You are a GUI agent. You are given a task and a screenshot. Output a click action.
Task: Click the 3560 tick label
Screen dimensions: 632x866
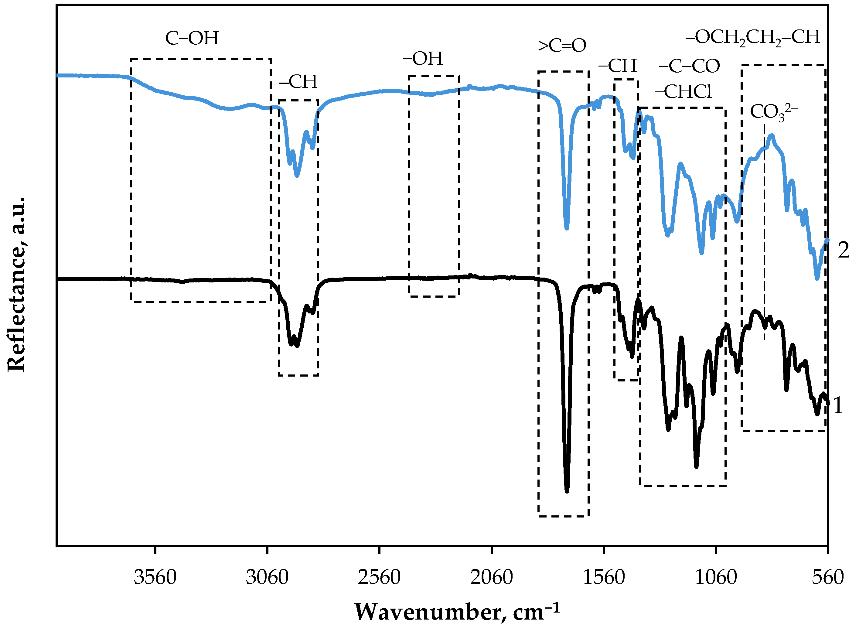point(155,578)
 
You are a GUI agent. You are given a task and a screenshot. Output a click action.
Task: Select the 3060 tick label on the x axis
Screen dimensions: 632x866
point(267,578)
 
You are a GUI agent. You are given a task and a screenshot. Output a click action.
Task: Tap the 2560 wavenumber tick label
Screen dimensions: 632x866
point(379,578)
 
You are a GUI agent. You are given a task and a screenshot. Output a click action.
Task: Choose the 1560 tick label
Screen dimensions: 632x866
point(604,578)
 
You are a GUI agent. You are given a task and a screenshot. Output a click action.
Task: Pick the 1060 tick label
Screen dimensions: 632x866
point(716,578)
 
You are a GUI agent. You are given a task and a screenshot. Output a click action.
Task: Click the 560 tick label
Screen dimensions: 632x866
point(828,578)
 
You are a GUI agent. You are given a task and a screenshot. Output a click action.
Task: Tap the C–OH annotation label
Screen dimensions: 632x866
point(192,38)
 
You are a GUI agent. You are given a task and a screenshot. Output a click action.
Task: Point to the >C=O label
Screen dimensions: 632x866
point(562,46)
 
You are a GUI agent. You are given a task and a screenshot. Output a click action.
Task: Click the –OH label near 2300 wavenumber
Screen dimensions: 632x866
point(423,59)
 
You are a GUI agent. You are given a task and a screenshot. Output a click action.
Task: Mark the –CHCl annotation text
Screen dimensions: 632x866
point(683,92)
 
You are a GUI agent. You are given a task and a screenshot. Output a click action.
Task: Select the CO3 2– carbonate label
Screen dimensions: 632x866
point(773,112)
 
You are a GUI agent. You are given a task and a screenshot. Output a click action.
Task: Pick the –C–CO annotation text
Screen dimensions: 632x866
point(689,67)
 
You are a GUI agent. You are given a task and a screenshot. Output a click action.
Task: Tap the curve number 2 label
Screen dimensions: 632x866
point(844,251)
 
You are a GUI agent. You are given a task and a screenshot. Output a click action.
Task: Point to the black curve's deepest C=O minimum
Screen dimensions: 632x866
point(567,491)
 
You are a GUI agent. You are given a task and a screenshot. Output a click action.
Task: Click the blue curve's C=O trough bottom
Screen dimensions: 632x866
point(567,228)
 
